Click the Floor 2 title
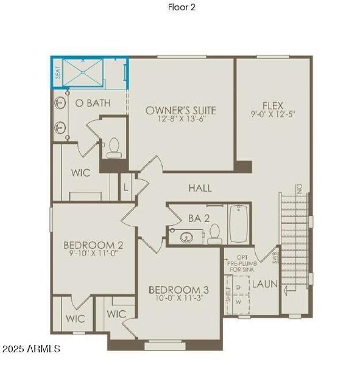[x=182, y=7]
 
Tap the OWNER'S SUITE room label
[x=181, y=110]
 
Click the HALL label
[x=200, y=188]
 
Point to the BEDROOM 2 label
[x=94, y=245]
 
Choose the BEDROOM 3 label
[x=179, y=289]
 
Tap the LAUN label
[x=264, y=283]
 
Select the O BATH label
[x=93, y=103]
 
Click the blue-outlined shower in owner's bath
[x=89, y=74]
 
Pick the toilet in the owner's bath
[x=114, y=148]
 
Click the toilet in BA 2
[x=214, y=234]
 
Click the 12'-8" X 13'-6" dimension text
[x=181, y=121]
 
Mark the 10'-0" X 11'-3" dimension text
[x=179, y=299]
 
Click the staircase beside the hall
[x=295, y=243]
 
